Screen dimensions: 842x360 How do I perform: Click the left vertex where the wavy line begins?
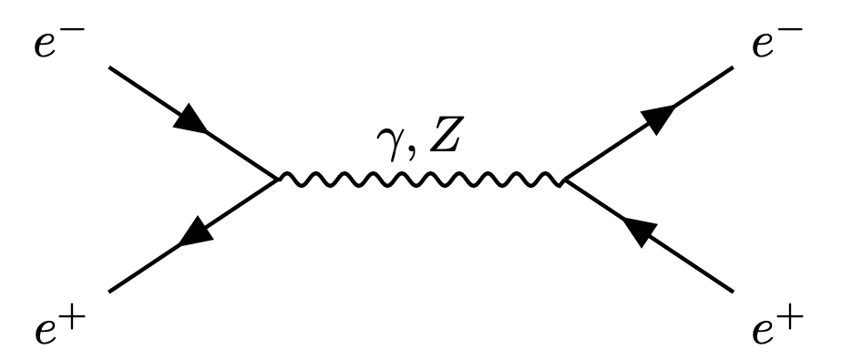tap(277, 180)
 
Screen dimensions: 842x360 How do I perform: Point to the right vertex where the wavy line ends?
tap(565, 180)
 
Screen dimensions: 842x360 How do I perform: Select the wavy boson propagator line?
tap(421, 180)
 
